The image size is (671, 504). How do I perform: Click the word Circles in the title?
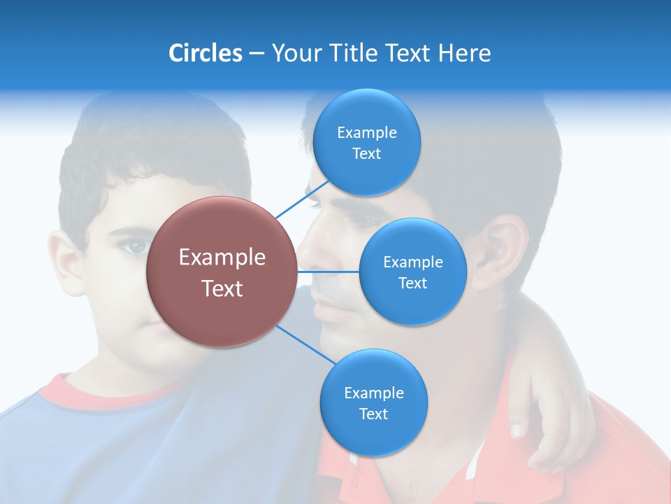tap(205, 53)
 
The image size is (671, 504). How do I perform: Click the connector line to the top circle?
tap(303, 199)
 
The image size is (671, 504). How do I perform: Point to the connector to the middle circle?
tap(328, 271)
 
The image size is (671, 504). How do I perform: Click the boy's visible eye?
tap(134, 246)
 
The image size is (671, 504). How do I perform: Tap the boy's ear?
tap(66, 262)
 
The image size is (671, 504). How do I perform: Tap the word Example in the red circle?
tap(222, 258)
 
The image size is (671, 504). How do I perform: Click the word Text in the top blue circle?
tap(366, 153)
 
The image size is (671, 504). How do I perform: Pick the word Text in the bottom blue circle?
tap(373, 414)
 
